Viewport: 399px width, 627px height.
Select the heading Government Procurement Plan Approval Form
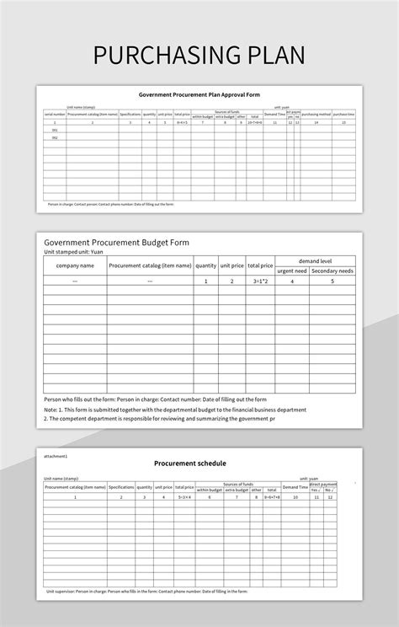(199, 95)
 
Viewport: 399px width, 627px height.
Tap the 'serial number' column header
(55, 114)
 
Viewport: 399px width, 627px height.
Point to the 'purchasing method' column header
(316, 114)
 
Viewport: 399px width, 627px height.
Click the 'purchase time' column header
(344, 114)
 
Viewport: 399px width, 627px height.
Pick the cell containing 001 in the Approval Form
(55, 130)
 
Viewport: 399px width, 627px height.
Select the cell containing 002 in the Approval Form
(55, 137)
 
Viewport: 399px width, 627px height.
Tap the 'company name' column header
(75, 265)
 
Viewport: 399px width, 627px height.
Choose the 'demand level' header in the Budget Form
(315, 261)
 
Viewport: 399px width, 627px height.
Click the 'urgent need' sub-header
(292, 271)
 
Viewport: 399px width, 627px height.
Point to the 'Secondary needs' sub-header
(332, 271)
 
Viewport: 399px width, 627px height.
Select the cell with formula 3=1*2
(260, 281)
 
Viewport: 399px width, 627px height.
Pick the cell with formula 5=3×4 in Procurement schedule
(185, 496)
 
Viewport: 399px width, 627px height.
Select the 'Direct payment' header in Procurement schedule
(322, 485)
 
